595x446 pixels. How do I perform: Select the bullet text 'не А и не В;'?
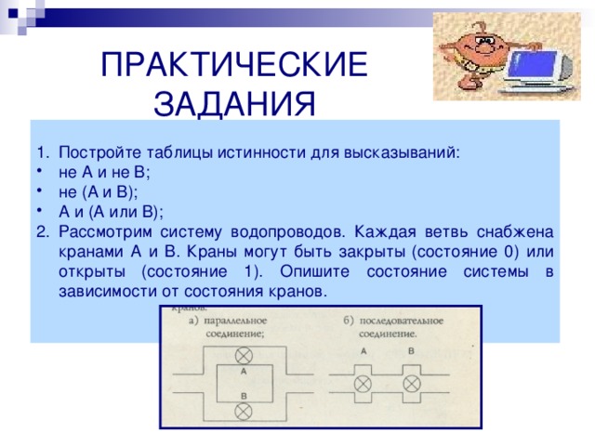click(x=104, y=172)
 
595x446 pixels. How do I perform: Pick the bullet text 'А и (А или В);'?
click(x=110, y=211)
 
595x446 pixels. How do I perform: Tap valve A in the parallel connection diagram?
click(x=244, y=356)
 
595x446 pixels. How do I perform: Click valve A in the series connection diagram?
click(x=363, y=384)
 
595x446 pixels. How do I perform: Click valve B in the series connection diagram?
click(x=410, y=384)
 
